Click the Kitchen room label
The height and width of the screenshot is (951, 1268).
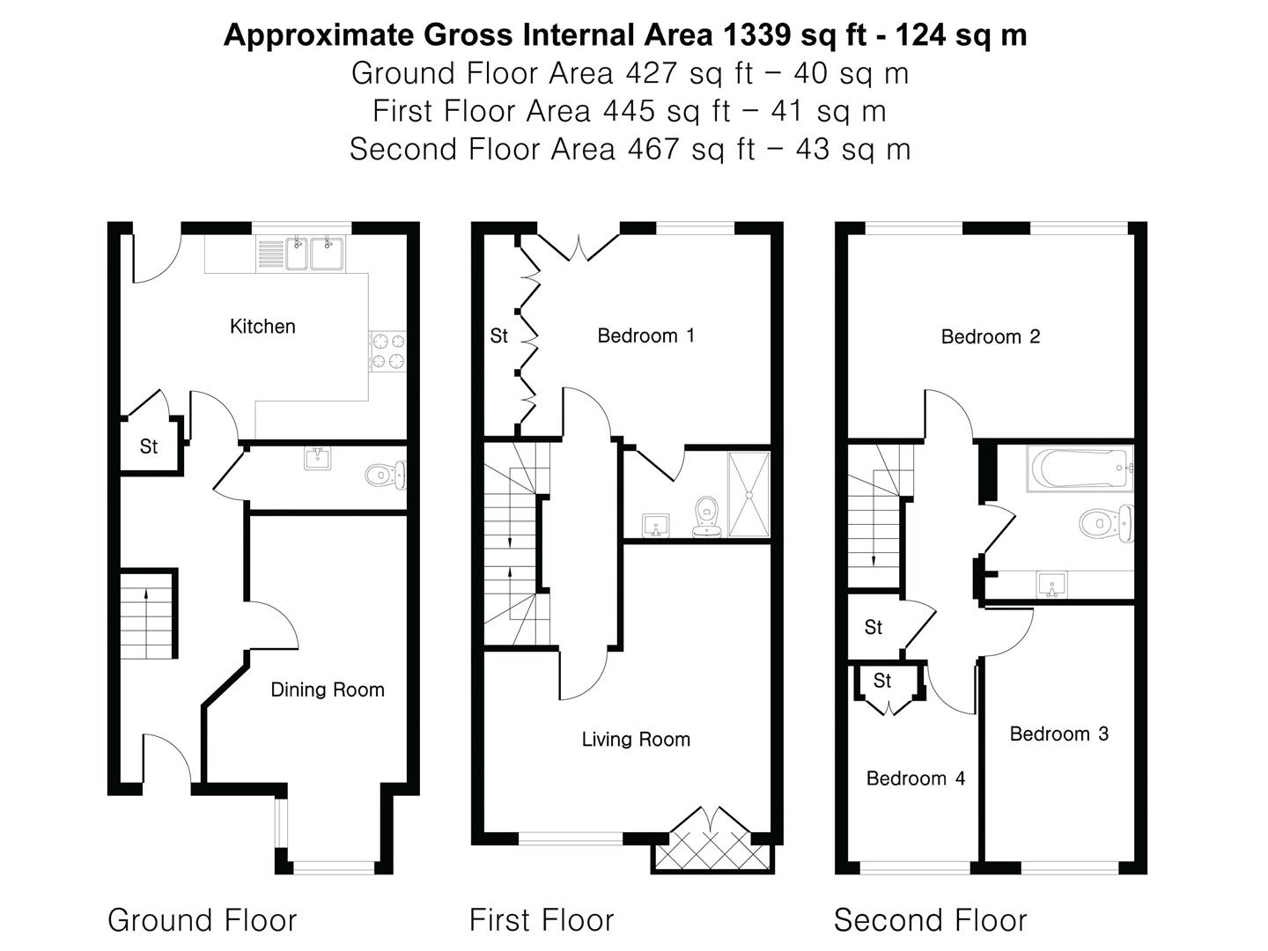pyautogui.click(x=262, y=327)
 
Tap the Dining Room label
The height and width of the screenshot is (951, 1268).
pyautogui.click(x=327, y=690)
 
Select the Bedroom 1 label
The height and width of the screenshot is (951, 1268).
pyautogui.click(x=645, y=335)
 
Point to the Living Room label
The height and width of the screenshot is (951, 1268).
pyautogui.click(x=635, y=740)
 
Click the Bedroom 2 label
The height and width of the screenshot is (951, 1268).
pyautogui.click(x=990, y=336)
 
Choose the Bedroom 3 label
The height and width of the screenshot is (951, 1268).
pyautogui.click(x=1058, y=734)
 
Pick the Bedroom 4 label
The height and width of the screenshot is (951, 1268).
pyautogui.click(x=915, y=778)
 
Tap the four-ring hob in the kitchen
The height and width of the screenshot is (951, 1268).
pyautogui.click(x=387, y=351)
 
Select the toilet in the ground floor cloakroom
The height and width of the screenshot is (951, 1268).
pyautogui.click(x=386, y=475)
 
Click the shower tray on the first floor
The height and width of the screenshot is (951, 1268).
pyautogui.click(x=748, y=494)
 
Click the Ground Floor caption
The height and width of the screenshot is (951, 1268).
pyautogui.click(x=202, y=920)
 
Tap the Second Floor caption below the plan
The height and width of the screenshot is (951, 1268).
pyautogui.click(x=930, y=920)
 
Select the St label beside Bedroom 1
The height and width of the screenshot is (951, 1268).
pyautogui.click(x=498, y=335)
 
